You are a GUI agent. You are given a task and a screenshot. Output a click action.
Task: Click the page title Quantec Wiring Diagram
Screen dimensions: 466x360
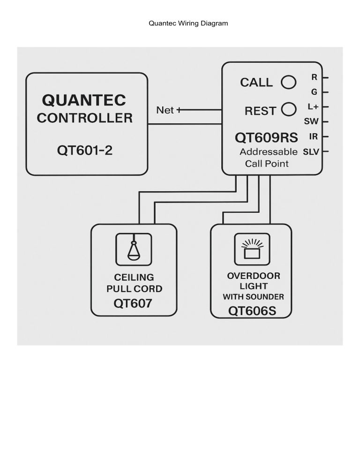(x=188, y=23)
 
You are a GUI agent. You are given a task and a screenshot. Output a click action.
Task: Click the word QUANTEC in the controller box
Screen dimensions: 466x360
(x=84, y=100)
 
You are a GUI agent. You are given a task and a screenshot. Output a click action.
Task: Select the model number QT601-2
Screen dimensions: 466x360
(x=85, y=151)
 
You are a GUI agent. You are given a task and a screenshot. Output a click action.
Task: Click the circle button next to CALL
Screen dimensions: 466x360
(x=288, y=82)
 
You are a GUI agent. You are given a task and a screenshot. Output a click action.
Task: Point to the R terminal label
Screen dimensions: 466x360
(x=314, y=77)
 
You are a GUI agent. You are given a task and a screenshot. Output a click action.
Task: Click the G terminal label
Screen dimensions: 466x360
(x=314, y=92)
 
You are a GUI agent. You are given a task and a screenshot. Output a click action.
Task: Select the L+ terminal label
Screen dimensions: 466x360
(x=313, y=107)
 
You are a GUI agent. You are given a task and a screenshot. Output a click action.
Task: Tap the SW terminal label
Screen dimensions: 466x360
(x=311, y=121)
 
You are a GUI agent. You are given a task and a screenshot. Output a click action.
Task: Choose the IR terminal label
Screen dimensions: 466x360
(x=314, y=136)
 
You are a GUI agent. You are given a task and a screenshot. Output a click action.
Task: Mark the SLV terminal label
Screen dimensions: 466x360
(x=311, y=152)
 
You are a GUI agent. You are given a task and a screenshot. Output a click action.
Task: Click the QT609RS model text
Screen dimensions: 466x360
(x=266, y=138)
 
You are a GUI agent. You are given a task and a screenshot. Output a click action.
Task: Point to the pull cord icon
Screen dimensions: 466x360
(x=134, y=249)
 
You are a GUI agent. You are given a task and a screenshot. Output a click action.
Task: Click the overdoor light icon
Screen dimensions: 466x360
(x=252, y=249)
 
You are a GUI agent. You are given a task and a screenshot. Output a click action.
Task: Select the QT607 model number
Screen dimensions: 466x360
(x=133, y=303)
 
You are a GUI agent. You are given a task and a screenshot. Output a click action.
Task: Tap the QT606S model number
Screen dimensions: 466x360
(x=252, y=311)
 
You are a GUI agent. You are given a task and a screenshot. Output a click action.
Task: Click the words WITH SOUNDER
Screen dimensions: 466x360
(x=253, y=297)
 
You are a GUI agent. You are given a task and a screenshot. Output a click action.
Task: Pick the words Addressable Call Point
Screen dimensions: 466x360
(x=268, y=158)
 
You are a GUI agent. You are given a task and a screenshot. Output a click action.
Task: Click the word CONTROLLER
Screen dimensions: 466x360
(x=85, y=118)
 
